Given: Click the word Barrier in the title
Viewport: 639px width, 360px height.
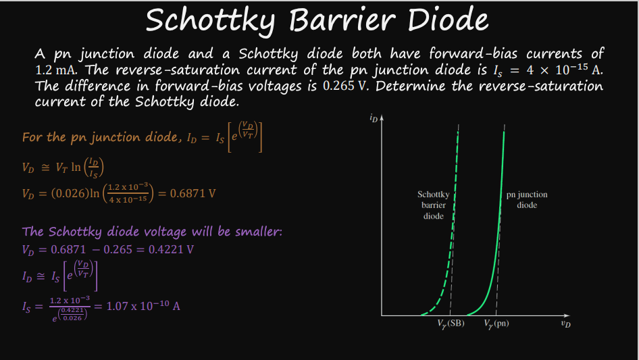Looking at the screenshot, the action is tap(342, 20).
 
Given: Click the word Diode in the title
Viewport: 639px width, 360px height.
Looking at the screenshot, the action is tap(447, 20).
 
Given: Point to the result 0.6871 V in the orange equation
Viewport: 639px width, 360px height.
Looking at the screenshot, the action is tap(193, 193).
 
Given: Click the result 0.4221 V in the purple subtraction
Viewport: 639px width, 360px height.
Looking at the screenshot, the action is tap(171, 249).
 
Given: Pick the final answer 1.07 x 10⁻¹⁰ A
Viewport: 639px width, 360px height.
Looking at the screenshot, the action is tap(143, 306).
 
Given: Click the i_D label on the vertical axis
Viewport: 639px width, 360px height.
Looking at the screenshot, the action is tap(374, 118).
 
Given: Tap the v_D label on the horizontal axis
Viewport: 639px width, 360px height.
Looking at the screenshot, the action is tap(565, 324).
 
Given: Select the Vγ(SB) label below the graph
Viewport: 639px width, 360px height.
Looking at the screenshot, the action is tap(451, 324).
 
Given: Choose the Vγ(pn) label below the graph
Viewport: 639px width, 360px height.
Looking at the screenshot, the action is tap(496, 324).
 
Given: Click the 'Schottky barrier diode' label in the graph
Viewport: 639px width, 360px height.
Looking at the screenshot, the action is tap(433, 205).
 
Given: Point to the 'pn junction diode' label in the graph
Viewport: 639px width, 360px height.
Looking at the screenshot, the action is tap(527, 200).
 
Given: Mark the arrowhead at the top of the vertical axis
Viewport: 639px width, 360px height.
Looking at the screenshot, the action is tap(382, 118).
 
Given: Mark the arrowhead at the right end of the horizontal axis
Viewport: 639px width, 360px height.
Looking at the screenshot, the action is tap(567, 315).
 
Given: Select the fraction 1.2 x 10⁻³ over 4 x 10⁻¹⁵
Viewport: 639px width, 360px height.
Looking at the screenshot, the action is tap(128, 193).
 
